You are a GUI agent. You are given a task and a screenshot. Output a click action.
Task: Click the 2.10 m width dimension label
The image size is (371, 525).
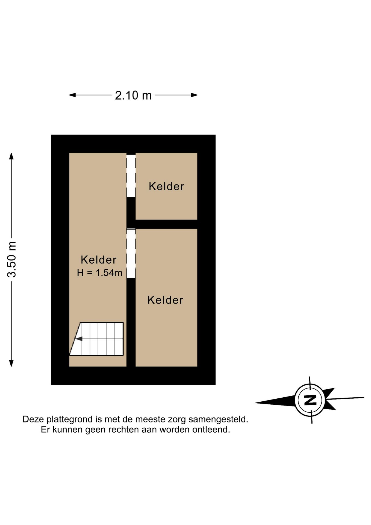click(133, 95)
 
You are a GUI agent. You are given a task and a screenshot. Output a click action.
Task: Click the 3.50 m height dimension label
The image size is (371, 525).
click(12, 259)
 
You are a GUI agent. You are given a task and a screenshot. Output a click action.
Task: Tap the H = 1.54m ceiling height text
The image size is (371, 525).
click(99, 273)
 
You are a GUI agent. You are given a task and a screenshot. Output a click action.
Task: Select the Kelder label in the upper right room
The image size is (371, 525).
click(166, 186)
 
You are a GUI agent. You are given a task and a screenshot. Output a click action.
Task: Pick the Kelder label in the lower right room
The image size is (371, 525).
click(165, 300)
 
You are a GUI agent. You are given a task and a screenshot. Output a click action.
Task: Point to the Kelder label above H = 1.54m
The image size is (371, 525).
click(99, 260)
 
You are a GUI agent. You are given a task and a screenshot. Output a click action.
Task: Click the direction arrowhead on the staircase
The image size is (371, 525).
click(79, 339)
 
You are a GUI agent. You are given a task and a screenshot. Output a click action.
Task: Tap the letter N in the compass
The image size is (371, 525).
click(310, 400)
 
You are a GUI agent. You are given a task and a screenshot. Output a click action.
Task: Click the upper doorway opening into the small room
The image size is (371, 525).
click(131, 176)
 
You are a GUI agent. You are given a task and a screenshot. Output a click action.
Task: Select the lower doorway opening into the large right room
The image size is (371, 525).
click(131, 253)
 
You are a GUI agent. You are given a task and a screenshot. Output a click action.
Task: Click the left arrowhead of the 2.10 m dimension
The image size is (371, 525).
click(72, 95)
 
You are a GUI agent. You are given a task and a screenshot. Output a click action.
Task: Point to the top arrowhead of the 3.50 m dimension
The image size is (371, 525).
click(11, 156)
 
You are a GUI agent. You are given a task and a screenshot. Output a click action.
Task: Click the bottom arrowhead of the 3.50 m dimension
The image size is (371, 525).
click(11, 363)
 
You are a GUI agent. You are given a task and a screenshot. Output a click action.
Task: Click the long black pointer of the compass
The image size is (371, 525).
click(275, 401)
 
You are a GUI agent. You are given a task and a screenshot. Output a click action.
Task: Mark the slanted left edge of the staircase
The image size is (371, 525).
click(75, 339)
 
